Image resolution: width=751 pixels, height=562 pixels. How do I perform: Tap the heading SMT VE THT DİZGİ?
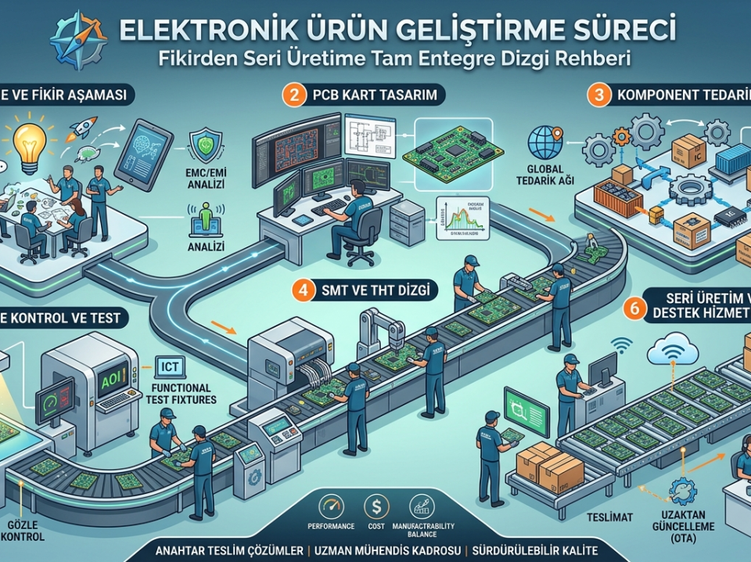(x=376, y=290)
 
